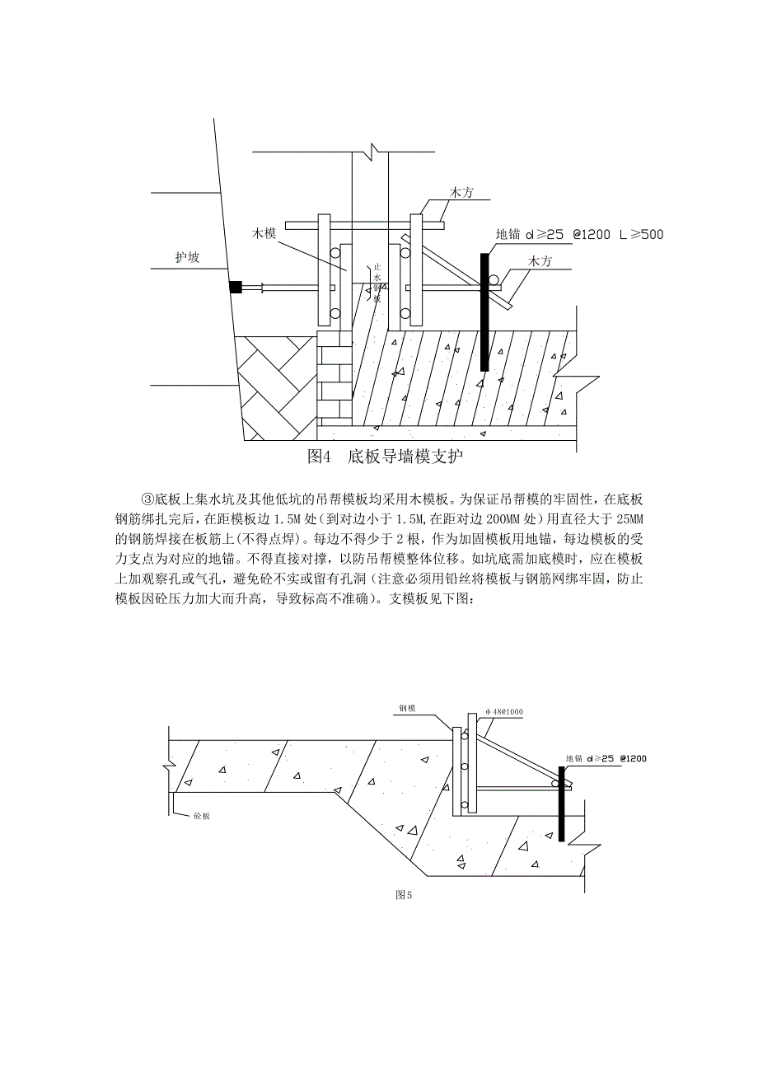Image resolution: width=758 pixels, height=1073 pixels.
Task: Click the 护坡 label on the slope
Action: (x=189, y=257)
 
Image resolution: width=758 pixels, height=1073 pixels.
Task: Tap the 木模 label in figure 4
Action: (x=264, y=234)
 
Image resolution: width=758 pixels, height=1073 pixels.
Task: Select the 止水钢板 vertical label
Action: (x=377, y=281)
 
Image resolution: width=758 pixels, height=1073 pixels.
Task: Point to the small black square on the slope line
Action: (x=235, y=288)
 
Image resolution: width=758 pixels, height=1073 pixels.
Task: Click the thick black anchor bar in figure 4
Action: (x=484, y=313)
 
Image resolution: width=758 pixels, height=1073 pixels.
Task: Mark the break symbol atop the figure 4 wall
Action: (x=374, y=152)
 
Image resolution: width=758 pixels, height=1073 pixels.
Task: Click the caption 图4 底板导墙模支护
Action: (x=388, y=457)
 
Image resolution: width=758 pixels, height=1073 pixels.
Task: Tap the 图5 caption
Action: (x=404, y=895)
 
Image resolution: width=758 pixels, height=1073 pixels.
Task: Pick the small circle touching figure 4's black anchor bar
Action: (x=492, y=280)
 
